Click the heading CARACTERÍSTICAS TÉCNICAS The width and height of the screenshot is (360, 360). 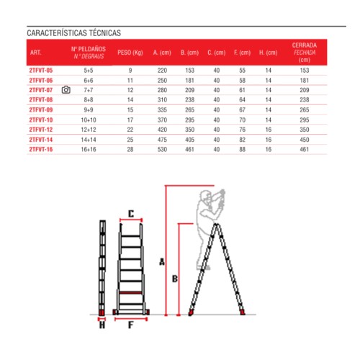pyautogui.click(x=73, y=33)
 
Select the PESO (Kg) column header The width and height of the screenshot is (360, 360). pyautogui.click(x=130, y=53)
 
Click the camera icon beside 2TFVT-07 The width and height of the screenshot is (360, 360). pyautogui.click(x=66, y=90)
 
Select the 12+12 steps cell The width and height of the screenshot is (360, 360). pyautogui.click(x=89, y=129)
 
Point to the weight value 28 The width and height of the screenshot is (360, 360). pyautogui.click(x=130, y=148)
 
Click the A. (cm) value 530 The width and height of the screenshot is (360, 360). pyautogui.click(x=163, y=148)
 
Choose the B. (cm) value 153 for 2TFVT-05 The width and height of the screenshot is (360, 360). pyautogui.click(x=190, y=71)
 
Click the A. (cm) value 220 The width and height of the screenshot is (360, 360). pyautogui.click(x=163, y=71)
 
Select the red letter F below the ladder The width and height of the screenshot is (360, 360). pyautogui.click(x=130, y=325)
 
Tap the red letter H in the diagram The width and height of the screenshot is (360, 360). pyautogui.click(x=102, y=325)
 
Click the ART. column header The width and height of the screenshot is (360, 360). pyautogui.click(x=36, y=53)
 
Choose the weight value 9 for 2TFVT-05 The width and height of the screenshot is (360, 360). pyautogui.click(x=130, y=71)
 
